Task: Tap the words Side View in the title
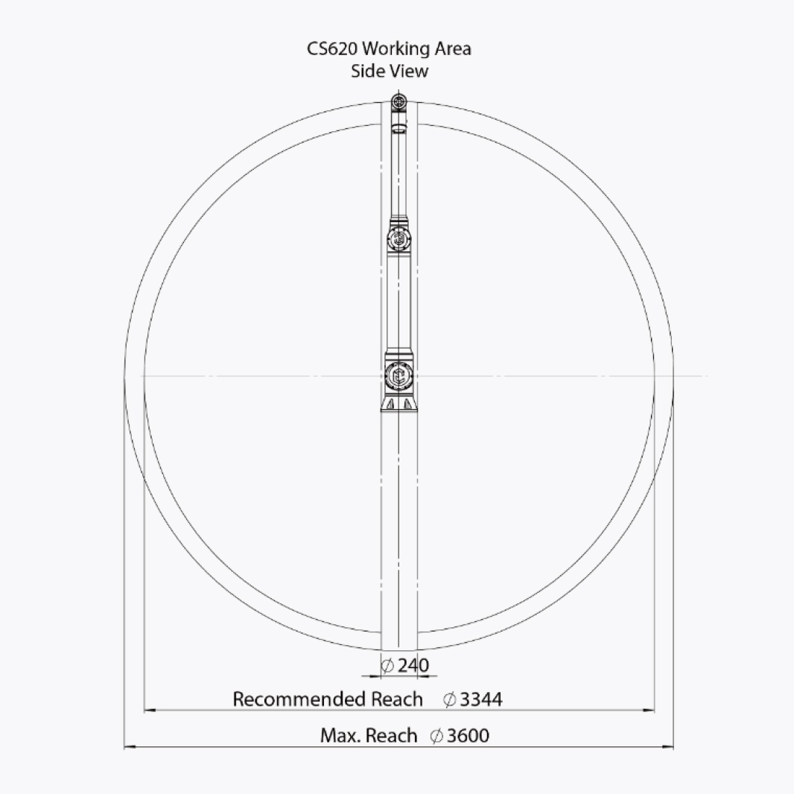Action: point(390,70)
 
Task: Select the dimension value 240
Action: point(413,665)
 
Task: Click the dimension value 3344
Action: point(481,699)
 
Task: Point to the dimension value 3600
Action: point(469,735)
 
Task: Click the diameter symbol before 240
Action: point(387,665)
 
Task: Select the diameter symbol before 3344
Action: point(449,699)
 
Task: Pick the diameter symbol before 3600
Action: point(436,735)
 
